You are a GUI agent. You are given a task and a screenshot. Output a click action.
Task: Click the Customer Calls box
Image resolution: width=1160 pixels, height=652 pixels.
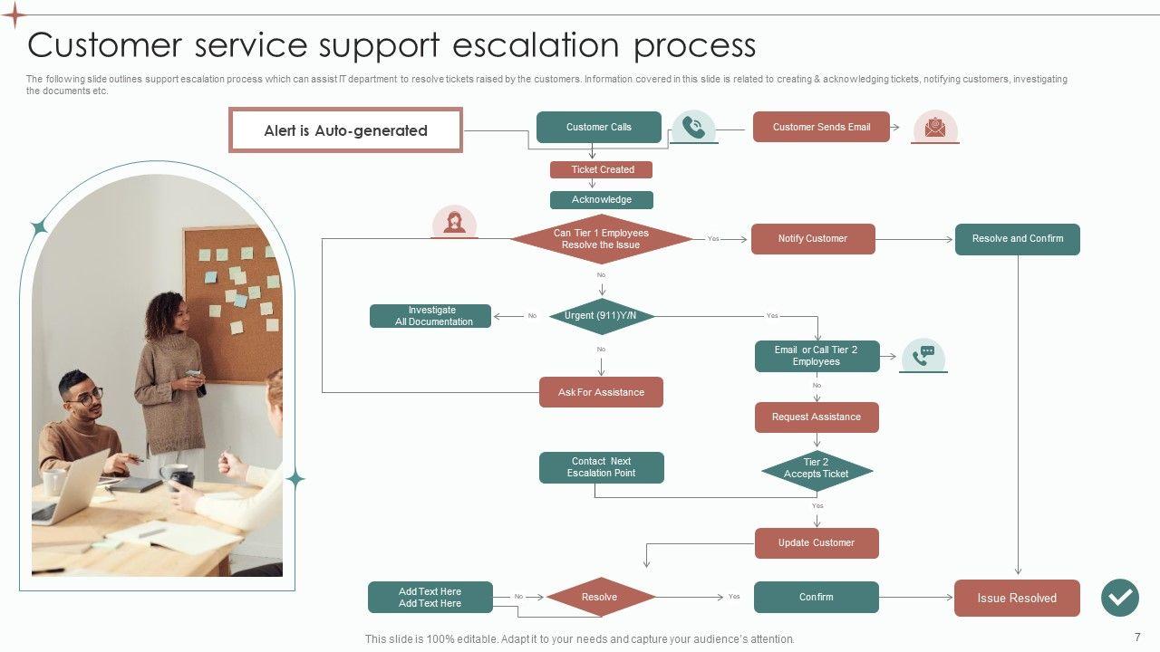(x=599, y=128)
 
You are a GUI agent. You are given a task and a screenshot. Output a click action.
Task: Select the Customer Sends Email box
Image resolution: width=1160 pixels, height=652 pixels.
(x=821, y=128)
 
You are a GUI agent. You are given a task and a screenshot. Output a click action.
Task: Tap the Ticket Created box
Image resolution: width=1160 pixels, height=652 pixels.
(x=602, y=169)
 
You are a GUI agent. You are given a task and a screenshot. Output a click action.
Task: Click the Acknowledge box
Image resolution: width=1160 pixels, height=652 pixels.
(x=602, y=200)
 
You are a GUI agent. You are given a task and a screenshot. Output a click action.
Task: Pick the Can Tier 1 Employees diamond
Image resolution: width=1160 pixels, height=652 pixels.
(x=601, y=239)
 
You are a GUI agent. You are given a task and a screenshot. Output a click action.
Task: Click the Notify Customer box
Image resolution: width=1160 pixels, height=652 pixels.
(x=813, y=239)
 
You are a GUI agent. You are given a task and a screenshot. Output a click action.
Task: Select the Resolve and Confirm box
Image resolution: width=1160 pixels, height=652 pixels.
(x=1018, y=239)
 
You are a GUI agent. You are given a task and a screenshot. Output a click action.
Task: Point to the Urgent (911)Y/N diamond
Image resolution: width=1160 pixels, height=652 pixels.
(x=601, y=316)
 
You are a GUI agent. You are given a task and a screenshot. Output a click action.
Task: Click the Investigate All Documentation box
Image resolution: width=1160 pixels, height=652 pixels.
(x=430, y=316)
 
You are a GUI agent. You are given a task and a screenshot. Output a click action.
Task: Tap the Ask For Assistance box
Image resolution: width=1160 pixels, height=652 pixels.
(x=601, y=393)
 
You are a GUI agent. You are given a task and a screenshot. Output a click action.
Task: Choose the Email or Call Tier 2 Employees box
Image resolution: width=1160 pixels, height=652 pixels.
(x=817, y=356)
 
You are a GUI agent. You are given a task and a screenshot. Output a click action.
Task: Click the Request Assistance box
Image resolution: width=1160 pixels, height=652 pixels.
(x=817, y=417)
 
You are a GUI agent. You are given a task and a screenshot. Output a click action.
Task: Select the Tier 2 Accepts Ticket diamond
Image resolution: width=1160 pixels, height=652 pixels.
(x=817, y=469)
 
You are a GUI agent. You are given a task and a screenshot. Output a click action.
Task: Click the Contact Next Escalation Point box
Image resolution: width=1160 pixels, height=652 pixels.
(x=601, y=467)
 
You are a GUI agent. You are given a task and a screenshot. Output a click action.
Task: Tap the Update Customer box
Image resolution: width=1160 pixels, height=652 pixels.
(x=817, y=543)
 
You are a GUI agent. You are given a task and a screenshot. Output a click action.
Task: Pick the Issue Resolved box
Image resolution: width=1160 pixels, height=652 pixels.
(x=1017, y=599)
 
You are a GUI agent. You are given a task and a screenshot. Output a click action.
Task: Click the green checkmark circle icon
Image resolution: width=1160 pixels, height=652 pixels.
(x=1120, y=598)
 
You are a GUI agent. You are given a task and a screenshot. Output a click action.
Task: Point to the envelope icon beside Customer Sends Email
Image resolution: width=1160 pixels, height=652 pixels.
(x=935, y=128)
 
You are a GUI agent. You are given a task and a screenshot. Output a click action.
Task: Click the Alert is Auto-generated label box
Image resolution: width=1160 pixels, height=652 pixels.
(x=345, y=130)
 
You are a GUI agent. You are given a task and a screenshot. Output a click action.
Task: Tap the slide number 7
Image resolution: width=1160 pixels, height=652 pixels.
(x=1137, y=638)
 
